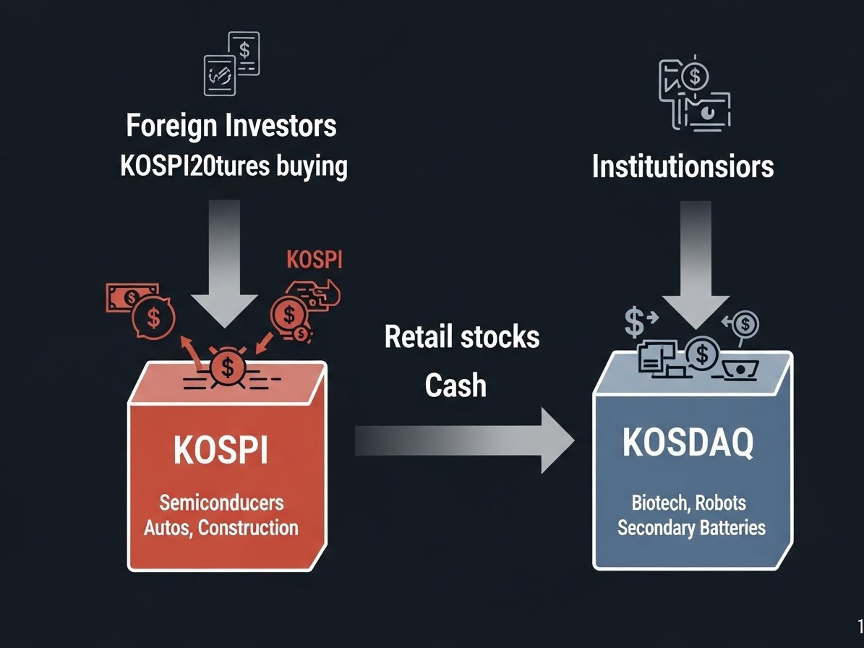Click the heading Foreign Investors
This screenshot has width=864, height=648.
coord(231,126)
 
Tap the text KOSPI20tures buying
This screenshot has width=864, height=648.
coord(233,166)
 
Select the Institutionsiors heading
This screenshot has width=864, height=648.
coord(683,166)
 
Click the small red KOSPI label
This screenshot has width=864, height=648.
coord(315,260)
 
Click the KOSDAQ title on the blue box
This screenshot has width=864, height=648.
coord(688,443)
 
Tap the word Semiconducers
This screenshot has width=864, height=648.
coord(221,502)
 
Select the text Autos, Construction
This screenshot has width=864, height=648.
coord(221,527)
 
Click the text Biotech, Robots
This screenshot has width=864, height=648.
coord(689,502)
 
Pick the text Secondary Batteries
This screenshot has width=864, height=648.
coord(691,527)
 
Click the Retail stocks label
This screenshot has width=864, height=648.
coord(462,336)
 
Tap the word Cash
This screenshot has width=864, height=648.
coord(455,385)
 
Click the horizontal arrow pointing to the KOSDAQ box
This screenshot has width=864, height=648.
coord(463,440)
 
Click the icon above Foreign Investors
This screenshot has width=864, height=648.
coord(231,64)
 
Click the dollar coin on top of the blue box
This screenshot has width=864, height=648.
coord(701,354)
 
